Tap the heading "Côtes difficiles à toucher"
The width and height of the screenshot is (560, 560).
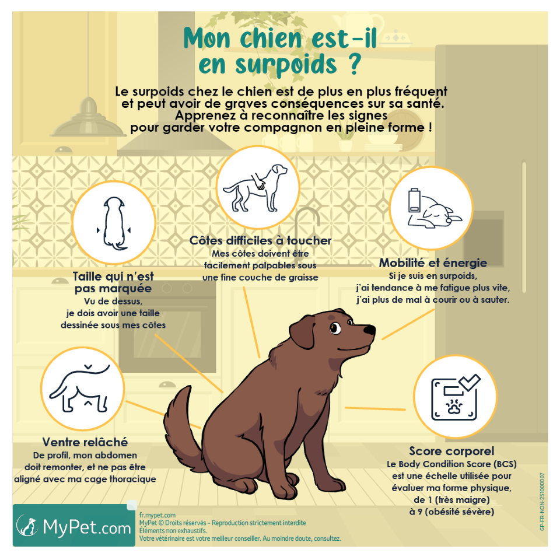[260, 240]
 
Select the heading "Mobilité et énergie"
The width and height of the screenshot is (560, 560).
[432, 262]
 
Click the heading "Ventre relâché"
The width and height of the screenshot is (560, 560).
[85, 442]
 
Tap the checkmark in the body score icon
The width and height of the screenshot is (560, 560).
[468, 382]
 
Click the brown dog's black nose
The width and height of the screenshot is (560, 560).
[370, 330]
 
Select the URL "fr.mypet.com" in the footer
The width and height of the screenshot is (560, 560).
[157, 515]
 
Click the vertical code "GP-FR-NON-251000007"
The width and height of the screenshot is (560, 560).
[542, 502]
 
